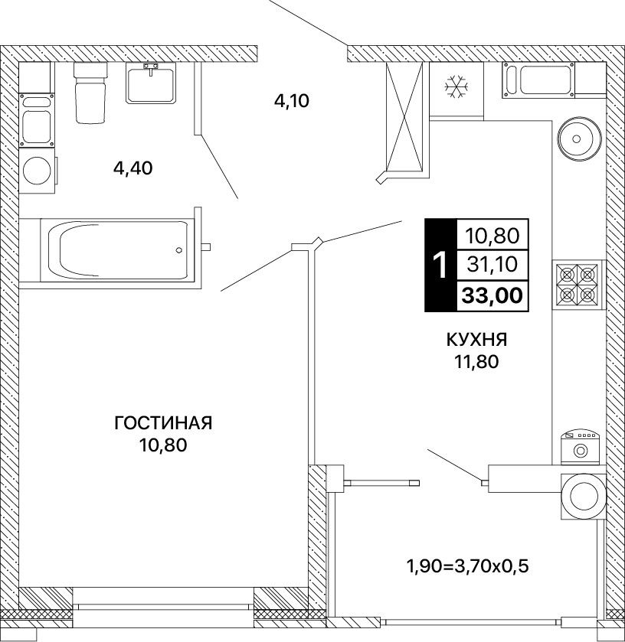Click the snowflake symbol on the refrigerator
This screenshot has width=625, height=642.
tap(456, 86)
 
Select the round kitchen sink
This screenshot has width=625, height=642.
tap(579, 139)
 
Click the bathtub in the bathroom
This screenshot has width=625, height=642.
tap(118, 250)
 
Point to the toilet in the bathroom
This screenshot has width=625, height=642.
tap(90, 93)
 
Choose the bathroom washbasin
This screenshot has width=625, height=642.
tap(151, 85)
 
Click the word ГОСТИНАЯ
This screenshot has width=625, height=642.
tap(163, 423)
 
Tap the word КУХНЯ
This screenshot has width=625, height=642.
tap(476, 340)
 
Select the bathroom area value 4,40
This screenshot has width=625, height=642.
tap(133, 168)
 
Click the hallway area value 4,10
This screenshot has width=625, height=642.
tap(291, 101)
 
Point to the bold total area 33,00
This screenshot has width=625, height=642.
tap(492, 295)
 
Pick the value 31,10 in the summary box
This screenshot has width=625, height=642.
tap(492, 265)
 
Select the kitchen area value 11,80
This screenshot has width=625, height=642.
tap(476, 361)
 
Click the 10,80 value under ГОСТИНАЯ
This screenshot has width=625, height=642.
tap(163, 445)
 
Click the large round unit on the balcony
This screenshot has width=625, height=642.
tap(584, 497)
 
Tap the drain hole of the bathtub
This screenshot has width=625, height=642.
tap(178, 249)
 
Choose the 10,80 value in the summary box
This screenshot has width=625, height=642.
tap(492, 236)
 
